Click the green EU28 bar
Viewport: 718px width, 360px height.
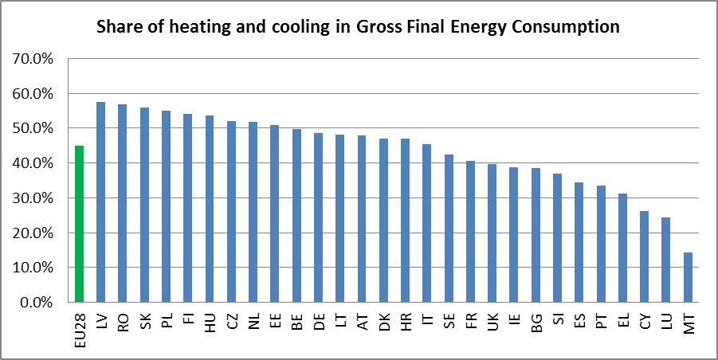pos(79,225)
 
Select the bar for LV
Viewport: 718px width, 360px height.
pos(101,202)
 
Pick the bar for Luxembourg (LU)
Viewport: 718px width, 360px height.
pos(665,260)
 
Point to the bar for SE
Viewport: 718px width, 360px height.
pos(449,229)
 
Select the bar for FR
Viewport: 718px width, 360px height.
pos(470,232)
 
